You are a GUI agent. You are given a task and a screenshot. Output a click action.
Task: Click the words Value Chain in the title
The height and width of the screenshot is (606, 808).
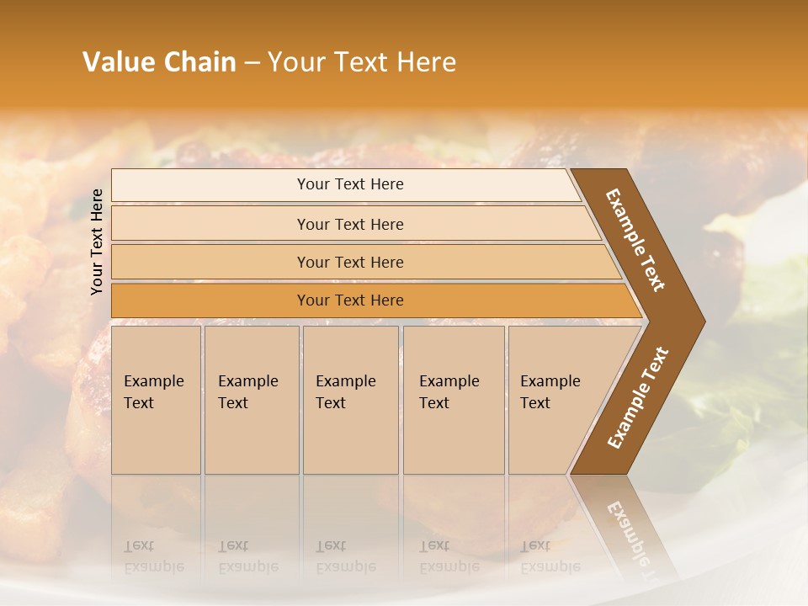pos(159,62)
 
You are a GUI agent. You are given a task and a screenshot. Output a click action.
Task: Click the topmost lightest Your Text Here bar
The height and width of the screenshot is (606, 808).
pos(349,184)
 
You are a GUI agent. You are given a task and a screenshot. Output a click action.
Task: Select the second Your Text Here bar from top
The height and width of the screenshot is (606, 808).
pos(349,224)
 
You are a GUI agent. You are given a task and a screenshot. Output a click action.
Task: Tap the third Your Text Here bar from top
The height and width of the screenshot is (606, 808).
pos(349,262)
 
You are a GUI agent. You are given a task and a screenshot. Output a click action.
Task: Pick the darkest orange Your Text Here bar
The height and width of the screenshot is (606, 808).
pos(349,300)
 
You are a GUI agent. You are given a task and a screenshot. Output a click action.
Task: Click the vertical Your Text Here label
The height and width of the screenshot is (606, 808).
pos(97,242)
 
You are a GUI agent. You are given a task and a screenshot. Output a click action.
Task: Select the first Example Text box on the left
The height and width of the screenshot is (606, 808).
pos(156,399)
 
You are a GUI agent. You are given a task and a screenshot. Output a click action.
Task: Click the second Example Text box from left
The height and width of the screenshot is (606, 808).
pos(251,399)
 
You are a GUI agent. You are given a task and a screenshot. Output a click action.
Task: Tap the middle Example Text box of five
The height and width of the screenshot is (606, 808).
pos(349,399)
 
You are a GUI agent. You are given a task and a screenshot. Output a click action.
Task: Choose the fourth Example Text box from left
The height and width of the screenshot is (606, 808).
pos(453,399)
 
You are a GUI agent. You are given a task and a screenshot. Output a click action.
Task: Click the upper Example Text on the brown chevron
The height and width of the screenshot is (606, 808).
pos(635,240)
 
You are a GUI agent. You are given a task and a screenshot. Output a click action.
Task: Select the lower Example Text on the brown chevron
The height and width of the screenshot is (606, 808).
pos(637,398)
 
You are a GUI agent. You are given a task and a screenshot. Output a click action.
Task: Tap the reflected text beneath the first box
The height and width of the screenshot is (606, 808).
pos(153,557)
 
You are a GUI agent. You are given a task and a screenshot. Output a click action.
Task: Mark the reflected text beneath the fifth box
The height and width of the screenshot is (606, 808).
pos(550,557)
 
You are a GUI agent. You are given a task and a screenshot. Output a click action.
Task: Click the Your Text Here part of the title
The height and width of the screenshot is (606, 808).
pos(362,62)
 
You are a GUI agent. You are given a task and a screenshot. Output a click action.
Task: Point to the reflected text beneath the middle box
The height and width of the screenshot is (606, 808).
pos(345,557)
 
